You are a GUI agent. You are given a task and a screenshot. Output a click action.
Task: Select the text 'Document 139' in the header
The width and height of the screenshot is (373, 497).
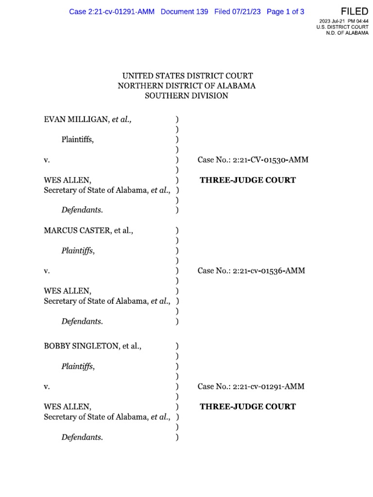pos(184,12)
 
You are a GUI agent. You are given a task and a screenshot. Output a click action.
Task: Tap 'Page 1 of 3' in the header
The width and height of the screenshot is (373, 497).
pos(285,12)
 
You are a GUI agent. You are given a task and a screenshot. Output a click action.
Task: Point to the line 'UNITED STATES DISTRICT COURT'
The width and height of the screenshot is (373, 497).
pos(187,76)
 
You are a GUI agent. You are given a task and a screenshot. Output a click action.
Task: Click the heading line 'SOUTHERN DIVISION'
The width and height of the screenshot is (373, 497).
pos(187,96)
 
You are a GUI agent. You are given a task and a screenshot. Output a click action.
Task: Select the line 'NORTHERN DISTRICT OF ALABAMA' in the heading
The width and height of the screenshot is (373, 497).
pos(187,86)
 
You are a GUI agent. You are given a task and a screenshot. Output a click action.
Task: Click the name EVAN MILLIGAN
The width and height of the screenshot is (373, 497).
pos(77,119)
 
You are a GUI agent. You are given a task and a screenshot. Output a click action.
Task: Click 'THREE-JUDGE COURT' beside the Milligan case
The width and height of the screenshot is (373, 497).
pos(248,181)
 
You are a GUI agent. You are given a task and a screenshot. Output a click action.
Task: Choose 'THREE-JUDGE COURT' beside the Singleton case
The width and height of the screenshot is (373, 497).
pos(248,407)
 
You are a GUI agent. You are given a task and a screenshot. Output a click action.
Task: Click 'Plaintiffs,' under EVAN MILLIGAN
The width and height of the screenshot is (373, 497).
pos(78,140)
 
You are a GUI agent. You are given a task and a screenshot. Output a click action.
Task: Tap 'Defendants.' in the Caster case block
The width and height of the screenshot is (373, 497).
pos(82,321)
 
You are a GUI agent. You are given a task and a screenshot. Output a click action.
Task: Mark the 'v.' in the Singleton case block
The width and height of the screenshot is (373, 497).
pos(47,387)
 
